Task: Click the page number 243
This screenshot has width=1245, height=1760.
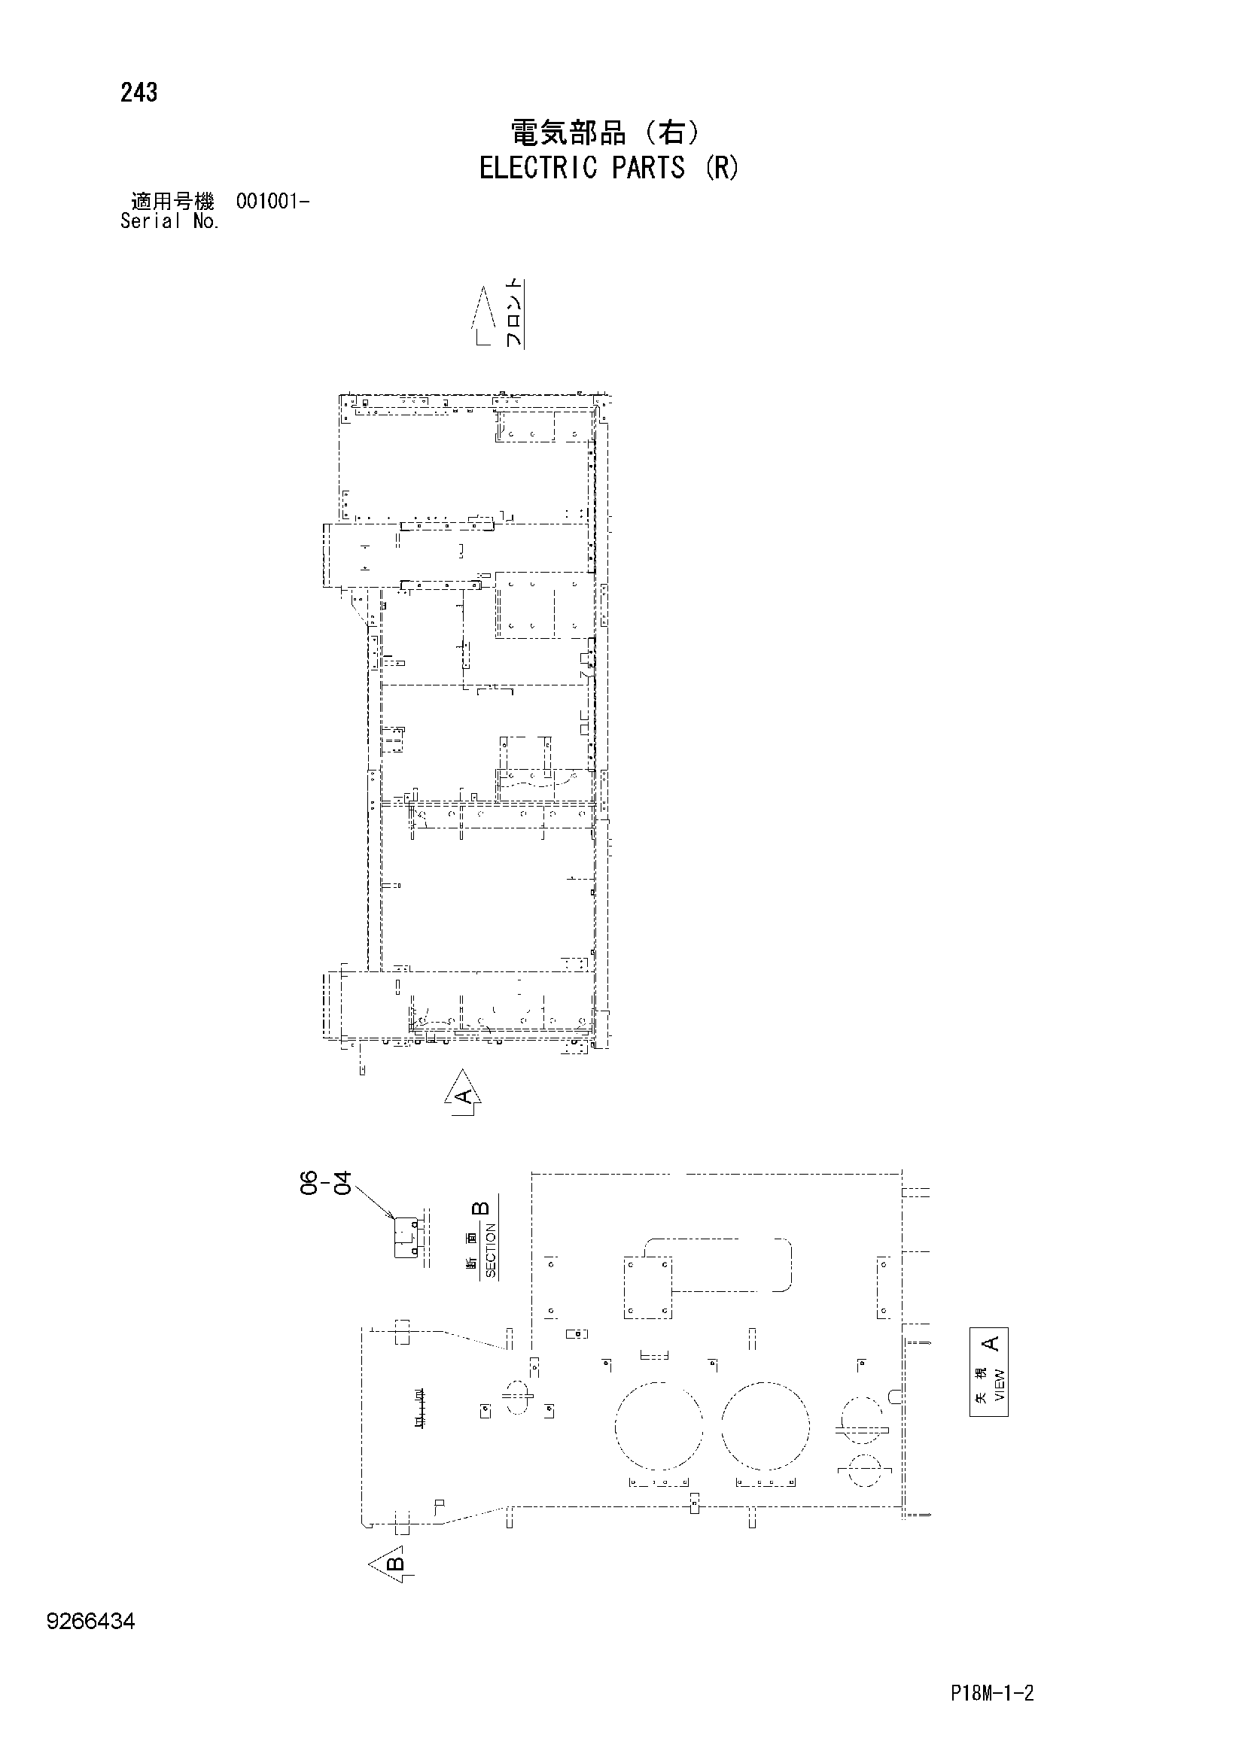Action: tap(139, 93)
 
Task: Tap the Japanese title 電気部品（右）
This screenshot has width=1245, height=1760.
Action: tap(606, 133)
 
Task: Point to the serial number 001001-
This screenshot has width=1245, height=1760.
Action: tap(272, 202)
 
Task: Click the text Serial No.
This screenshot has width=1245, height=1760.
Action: tap(169, 221)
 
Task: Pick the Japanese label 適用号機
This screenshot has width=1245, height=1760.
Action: tap(172, 202)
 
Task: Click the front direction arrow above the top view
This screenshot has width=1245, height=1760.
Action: tap(482, 316)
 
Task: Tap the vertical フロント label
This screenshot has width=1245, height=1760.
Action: tap(513, 314)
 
